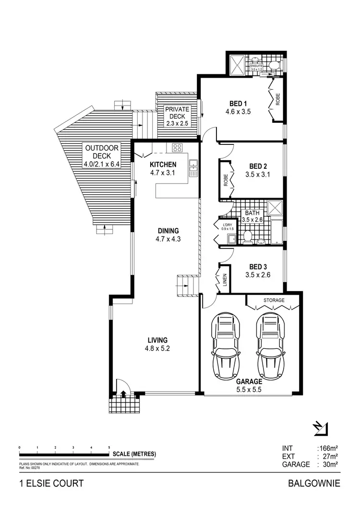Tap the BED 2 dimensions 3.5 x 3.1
click(257, 175)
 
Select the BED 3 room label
click(257, 267)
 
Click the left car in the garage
click(227, 346)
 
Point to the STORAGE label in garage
click(274, 300)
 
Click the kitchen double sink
click(193, 166)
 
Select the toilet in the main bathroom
click(248, 236)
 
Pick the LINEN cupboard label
click(224, 282)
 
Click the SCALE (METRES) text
click(134, 454)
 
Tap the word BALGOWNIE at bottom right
click(314, 483)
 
